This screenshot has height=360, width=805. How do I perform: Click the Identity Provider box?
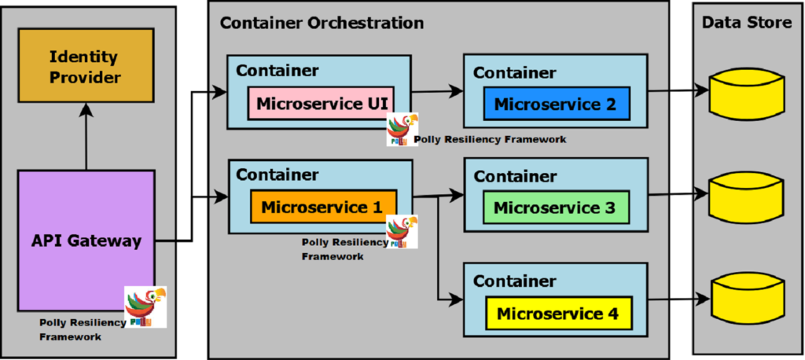(x=86, y=66)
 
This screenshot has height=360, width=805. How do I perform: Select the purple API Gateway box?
(x=86, y=240)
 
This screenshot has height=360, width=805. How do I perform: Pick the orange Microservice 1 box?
(x=323, y=208)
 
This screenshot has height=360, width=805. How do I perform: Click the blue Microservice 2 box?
(x=557, y=103)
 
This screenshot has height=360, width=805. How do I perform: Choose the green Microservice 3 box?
(x=557, y=208)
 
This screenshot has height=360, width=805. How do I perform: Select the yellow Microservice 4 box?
(x=557, y=314)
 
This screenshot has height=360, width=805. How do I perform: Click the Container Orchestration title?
(x=322, y=23)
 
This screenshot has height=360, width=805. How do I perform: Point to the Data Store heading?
(x=746, y=23)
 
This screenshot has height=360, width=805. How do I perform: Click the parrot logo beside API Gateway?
(x=145, y=307)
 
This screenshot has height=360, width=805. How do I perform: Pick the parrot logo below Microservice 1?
(x=402, y=232)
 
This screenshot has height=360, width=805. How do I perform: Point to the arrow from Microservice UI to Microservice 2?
(x=437, y=92)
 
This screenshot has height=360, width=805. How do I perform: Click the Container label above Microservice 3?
(x=514, y=177)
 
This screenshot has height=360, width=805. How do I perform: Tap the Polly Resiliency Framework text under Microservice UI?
(x=491, y=139)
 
